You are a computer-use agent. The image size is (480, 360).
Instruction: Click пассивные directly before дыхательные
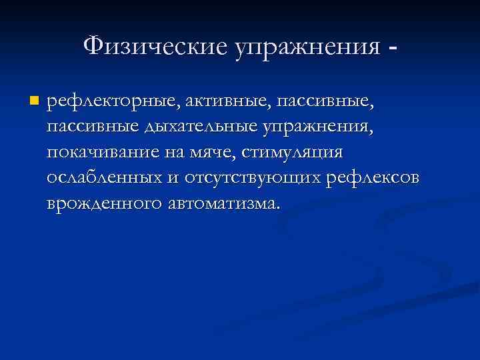tap(89, 127)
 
